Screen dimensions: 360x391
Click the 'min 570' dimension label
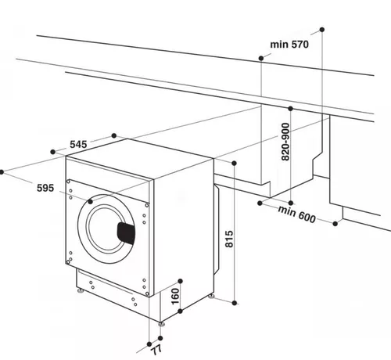(290, 45)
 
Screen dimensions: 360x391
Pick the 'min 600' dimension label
(295, 214)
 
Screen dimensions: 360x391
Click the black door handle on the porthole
(126, 232)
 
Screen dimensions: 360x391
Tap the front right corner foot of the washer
(162, 322)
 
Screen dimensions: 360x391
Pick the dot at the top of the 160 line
(181, 279)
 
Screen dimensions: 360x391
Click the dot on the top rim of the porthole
(90, 201)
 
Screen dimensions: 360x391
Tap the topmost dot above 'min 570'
(322, 31)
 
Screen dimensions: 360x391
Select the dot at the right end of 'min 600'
(335, 224)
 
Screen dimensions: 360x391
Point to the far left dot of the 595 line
(3, 170)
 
